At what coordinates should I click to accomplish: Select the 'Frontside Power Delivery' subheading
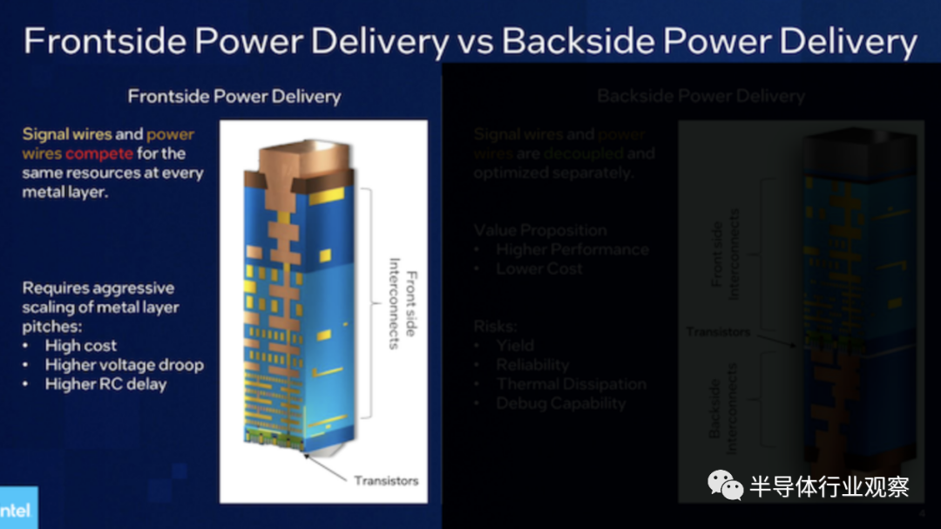234,96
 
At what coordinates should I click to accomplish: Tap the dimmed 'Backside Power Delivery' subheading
701,96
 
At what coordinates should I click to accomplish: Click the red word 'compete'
99,153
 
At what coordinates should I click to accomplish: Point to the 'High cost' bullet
81,346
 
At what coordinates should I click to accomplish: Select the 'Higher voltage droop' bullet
124,365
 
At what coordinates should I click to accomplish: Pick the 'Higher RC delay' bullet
105,384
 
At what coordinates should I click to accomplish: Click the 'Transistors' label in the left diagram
386,480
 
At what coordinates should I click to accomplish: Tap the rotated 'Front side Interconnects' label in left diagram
403,303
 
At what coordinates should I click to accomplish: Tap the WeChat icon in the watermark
725,485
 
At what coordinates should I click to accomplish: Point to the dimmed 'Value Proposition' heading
540,230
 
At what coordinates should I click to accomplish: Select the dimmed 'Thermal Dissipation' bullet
571,384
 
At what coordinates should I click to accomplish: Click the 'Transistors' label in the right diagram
717,332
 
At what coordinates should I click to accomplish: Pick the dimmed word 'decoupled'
584,153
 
